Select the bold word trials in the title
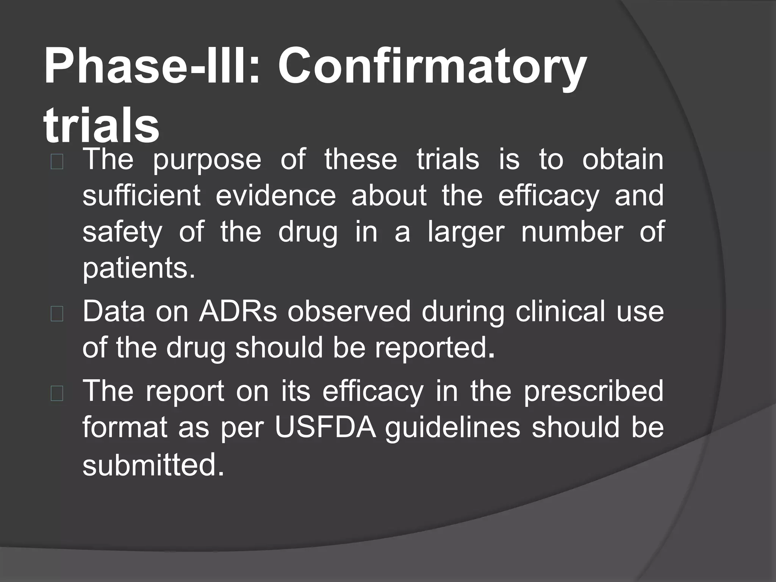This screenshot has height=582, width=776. (x=101, y=125)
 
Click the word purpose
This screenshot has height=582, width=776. (x=207, y=160)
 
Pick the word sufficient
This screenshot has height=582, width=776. (x=141, y=196)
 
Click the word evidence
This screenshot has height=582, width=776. (x=275, y=196)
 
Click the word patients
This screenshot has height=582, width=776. (x=139, y=268)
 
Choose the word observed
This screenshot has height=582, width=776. (x=349, y=311)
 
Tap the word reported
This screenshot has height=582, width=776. (x=435, y=348)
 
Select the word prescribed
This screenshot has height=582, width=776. (x=593, y=391)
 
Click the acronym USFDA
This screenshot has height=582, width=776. (x=325, y=427)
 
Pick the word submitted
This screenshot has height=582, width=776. (x=153, y=465)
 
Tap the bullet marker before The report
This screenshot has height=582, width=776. (x=57, y=394)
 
